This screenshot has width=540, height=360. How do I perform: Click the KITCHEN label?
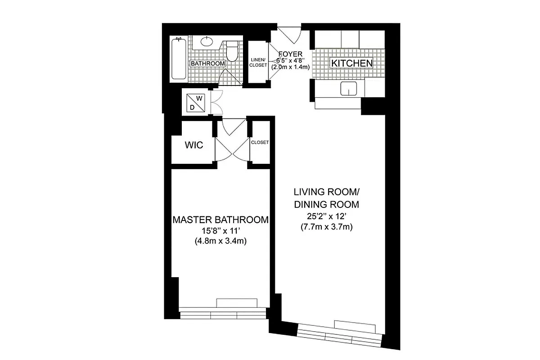352,63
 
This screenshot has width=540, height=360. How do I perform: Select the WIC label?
193,145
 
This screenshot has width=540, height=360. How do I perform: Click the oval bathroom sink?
207,42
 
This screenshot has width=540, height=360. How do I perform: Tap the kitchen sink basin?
348,89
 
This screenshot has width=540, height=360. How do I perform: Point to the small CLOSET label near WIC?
260,142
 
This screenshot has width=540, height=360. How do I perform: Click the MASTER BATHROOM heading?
220,220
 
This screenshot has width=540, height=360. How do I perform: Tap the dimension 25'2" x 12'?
326,216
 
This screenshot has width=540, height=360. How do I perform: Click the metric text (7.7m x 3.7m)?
326,227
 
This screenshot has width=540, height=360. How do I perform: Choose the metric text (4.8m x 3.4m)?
220,241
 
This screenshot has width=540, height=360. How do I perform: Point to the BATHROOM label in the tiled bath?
207,64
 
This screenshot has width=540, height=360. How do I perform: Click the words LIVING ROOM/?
326,192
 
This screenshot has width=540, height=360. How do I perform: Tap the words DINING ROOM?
326,204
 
